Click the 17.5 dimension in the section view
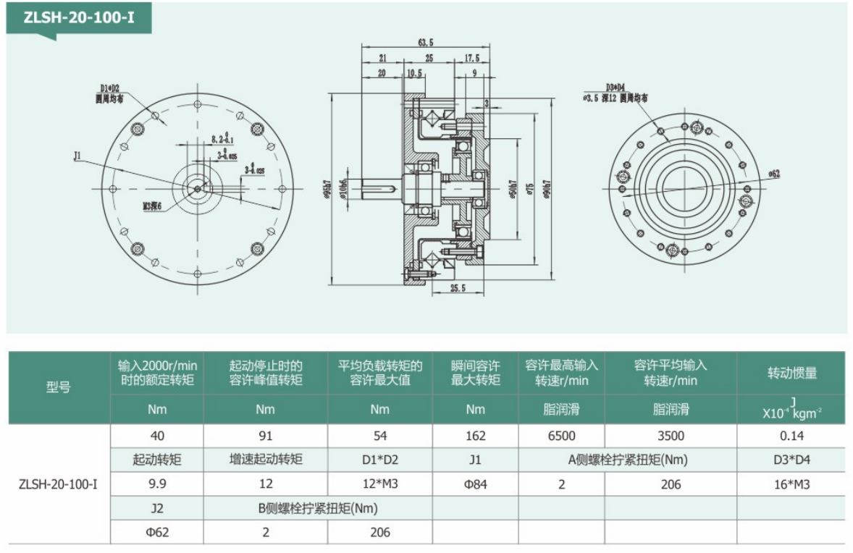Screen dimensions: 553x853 (471, 58)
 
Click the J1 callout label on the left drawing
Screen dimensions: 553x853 (77, 154)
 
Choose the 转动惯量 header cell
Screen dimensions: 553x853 (792, 373)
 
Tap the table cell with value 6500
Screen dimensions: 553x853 (561, 436)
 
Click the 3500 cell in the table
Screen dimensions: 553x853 (671, 436)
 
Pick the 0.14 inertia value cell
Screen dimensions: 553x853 (792, 436)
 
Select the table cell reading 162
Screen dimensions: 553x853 (475, 436)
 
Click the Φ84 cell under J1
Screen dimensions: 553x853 (475, 484)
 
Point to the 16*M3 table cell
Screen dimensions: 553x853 (792, 484)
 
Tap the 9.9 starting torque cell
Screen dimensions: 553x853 (156, 484)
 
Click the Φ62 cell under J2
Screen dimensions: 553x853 (156, 532)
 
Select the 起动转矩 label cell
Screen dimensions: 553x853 (156, 460)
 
